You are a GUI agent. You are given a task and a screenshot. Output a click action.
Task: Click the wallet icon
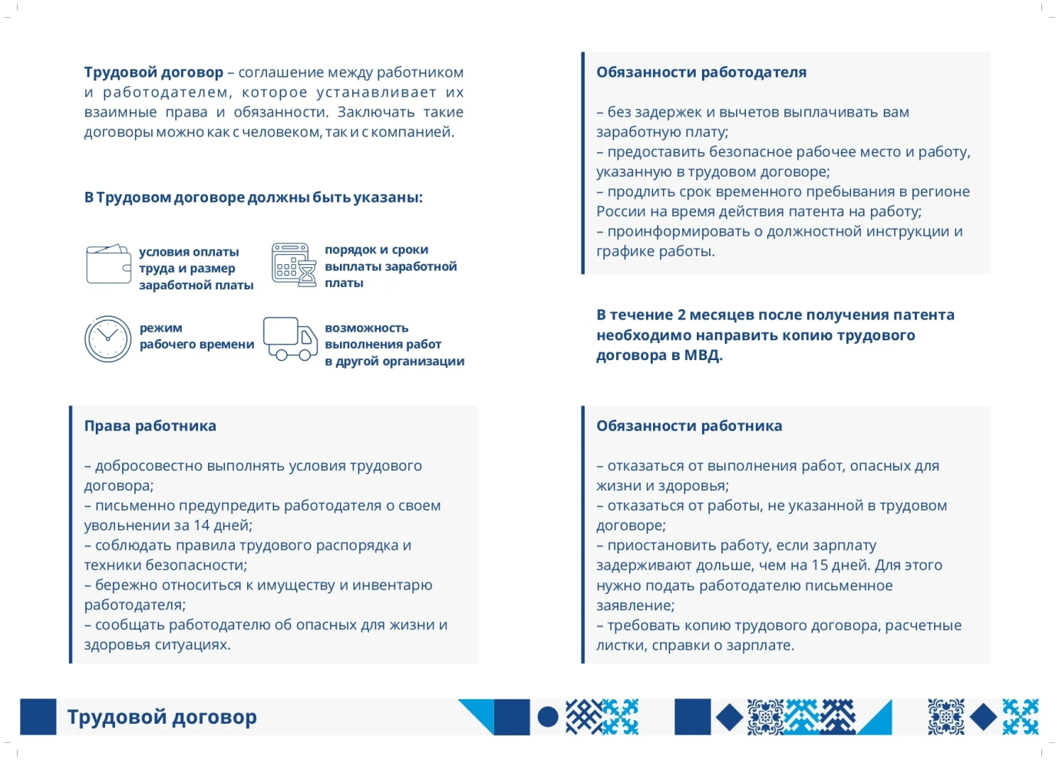(x=108, y=264)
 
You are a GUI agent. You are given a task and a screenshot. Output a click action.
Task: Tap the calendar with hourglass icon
(x=294, y=265)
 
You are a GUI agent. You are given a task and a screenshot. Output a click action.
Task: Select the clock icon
(x=108, y=339)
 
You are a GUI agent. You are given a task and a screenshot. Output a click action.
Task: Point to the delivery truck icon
(x=290, y=339)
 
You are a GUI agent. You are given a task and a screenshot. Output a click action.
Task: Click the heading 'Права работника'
(x=150, y=426)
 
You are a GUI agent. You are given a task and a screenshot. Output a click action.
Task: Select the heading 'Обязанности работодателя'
(x=701, y=72)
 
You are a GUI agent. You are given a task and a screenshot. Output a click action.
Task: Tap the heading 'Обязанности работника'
(x=689, y=426)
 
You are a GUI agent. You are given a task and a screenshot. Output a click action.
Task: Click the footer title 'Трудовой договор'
(x=162, y=717)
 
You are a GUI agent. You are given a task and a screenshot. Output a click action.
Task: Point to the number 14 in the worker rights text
(x=202, y=526)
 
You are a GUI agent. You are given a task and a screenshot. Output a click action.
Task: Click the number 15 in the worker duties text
(x=820, y=566)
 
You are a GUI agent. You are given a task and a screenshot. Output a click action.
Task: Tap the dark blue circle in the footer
(x=548, y=717)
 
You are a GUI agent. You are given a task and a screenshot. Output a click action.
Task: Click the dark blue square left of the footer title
(x=38, y=717)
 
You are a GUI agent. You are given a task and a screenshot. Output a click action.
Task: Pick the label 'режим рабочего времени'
(x=196, y=336)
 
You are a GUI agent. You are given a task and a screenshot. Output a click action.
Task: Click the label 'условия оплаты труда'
(x=189, y=260)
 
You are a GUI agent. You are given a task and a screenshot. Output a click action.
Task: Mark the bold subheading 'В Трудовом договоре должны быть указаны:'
(x=253, y=197)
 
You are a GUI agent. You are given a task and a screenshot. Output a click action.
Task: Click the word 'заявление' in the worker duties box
(x=634, y=606)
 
